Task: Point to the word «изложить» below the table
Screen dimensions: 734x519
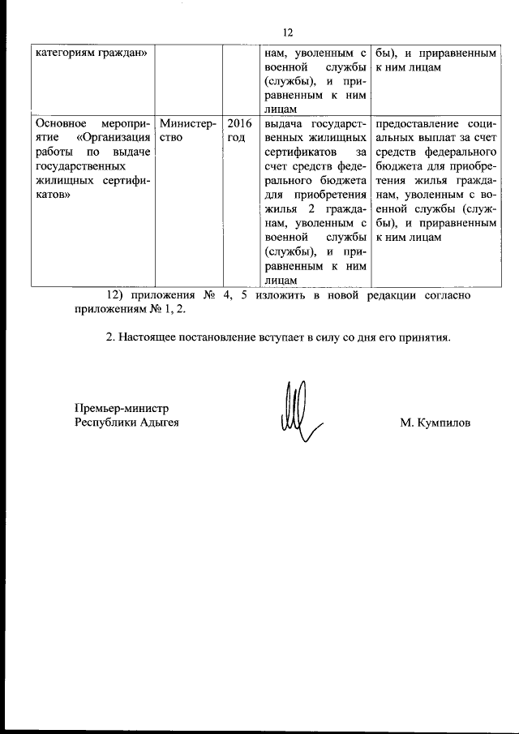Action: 268,295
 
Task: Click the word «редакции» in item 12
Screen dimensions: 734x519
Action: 392,295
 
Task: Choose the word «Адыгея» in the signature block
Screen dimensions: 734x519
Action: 155,423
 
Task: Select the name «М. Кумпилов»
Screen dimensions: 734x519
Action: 435,423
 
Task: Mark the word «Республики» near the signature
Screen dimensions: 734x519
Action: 101,423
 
